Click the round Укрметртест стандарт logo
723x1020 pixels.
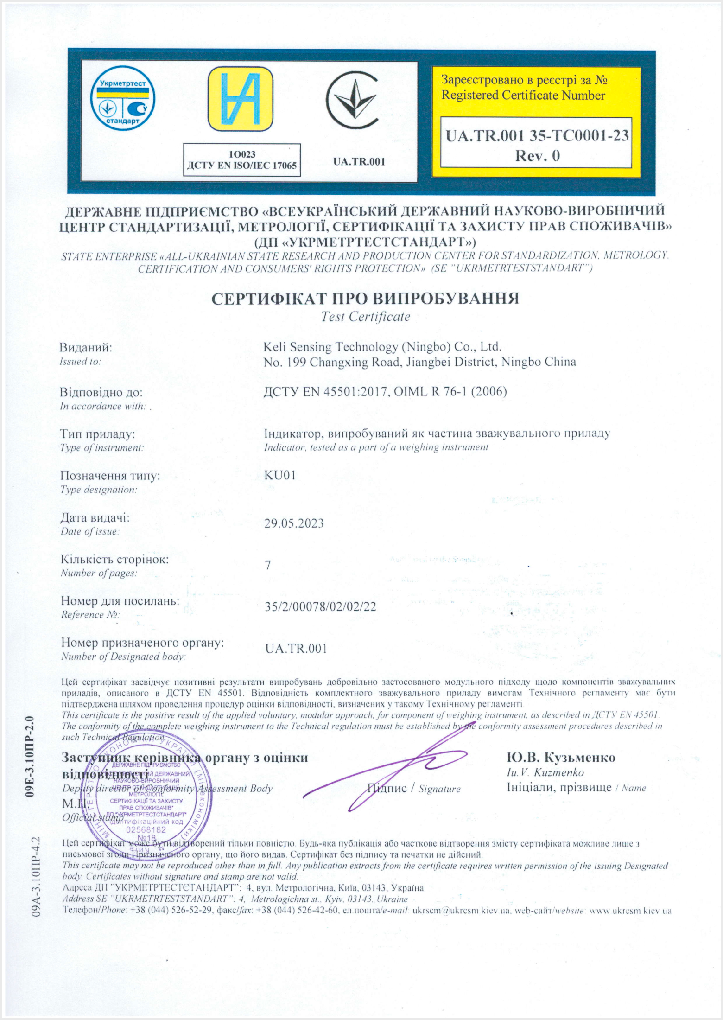click(x=122, y=99)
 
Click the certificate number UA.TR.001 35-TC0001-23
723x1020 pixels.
click(x=537, y=135)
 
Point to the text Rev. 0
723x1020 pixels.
click(x=537, y=155)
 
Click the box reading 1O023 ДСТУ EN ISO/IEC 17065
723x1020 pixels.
click(x=241, y=160)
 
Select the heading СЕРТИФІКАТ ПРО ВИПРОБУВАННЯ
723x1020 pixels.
click(x=365, y=298)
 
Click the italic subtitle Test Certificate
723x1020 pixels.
click(x=365, y=317)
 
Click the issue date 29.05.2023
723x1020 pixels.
click(x=294, y=523)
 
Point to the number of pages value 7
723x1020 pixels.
click(x=268, y=565)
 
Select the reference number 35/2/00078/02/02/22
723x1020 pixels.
click(x=320, y=606)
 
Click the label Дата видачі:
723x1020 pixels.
click(x=95, y=517)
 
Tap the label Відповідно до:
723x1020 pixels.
click(x=101, y=392)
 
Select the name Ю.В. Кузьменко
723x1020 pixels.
click(x=561, y=758)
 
